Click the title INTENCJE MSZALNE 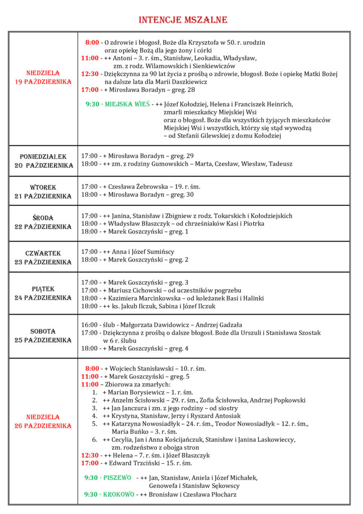[x=183, y=20]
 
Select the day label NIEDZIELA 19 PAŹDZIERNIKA [x=43, y=77]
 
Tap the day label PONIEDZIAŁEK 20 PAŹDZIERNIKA [x=43, y=161]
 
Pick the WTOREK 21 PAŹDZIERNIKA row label [x=43, y=191]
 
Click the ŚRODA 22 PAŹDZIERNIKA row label [x=43, y=222]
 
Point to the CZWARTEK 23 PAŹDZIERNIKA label [x=43, y=258]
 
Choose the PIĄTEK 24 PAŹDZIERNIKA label [x=43, y=293]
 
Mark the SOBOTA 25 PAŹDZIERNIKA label [x=43, y=336]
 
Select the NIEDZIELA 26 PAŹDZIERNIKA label [x=43, y=421]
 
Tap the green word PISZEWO [x=117, y=477]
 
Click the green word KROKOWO [x=118, y=494]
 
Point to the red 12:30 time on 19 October [x=90, y=74]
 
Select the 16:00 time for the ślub [x=90, y=324]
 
